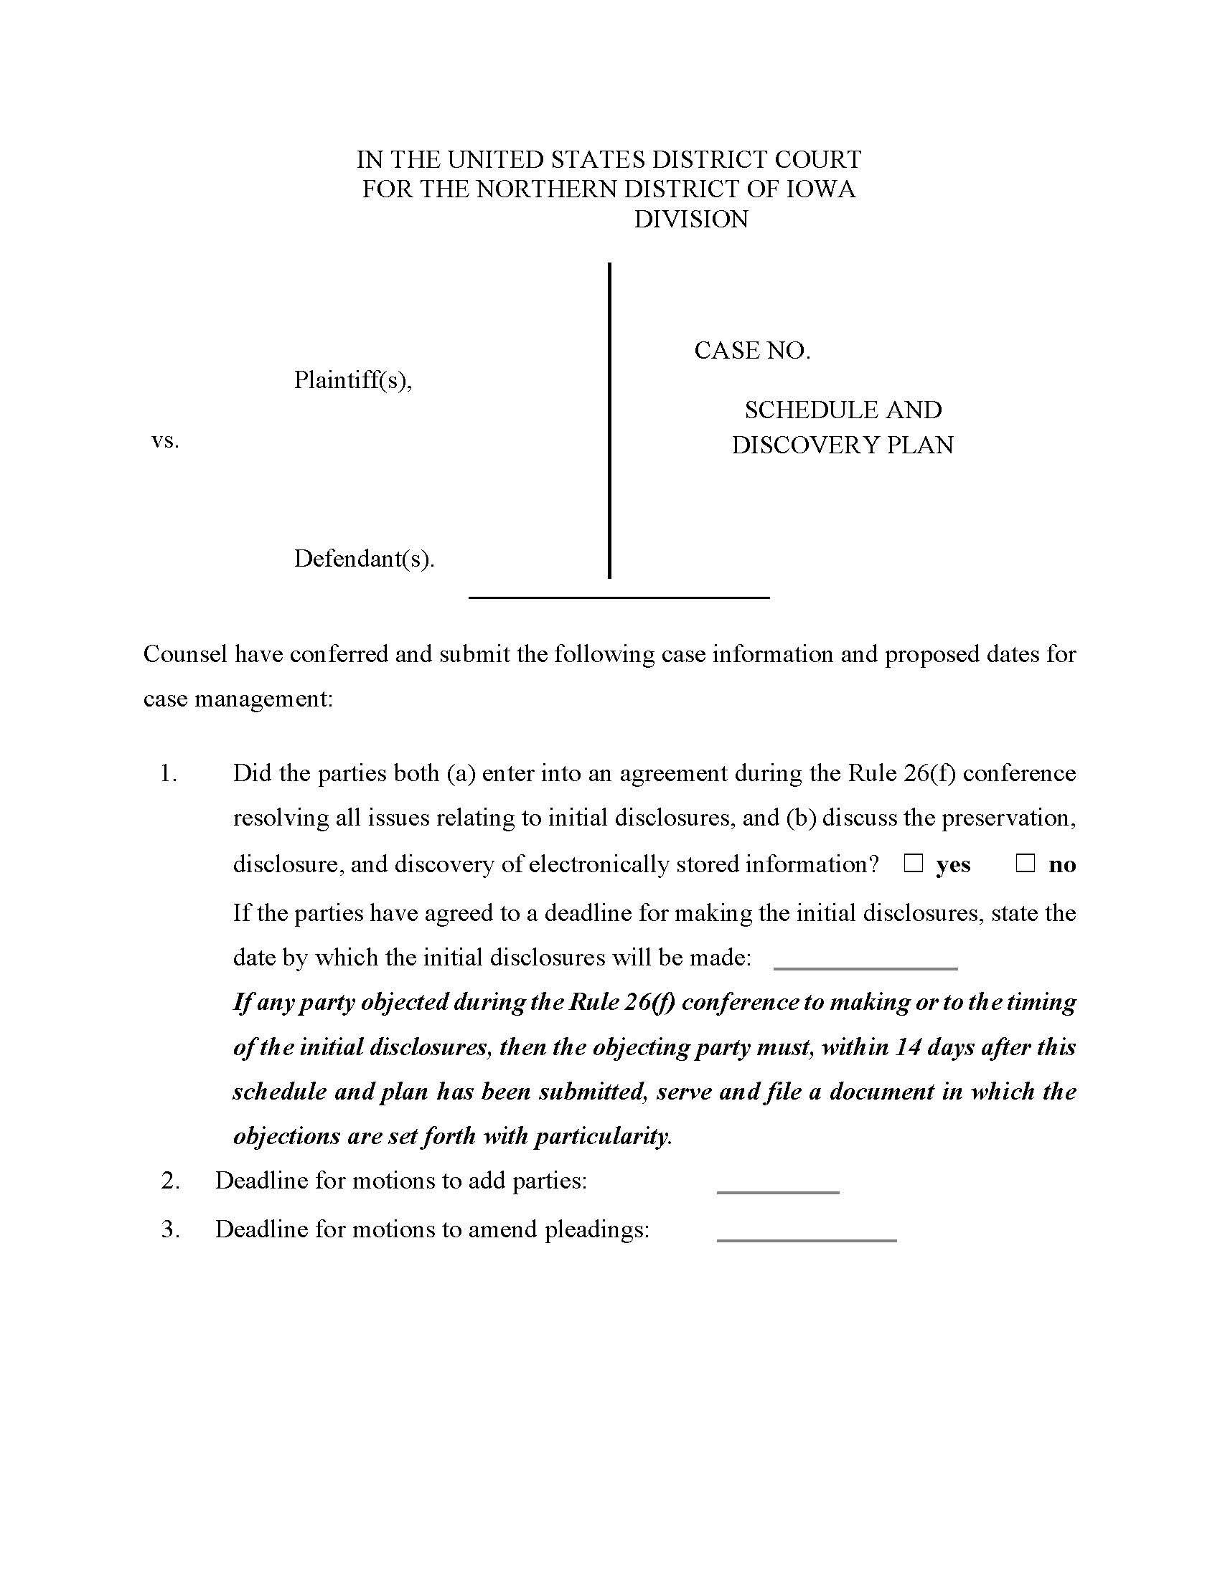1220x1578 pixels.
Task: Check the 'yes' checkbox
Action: point(914,864)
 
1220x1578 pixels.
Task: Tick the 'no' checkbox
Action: point(1026,864)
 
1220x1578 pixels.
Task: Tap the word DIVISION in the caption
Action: point(691,219)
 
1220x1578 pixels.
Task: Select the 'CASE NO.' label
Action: point(751,351)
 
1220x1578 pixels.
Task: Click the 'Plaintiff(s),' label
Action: point(352,380)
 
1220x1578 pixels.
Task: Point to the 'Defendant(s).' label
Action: point(365,559)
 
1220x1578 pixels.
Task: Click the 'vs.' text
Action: point(165,440)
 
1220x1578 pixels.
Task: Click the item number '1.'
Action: point(169,774)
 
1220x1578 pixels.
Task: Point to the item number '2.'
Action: point(171,1181)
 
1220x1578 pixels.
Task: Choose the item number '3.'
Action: point(171,1229)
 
